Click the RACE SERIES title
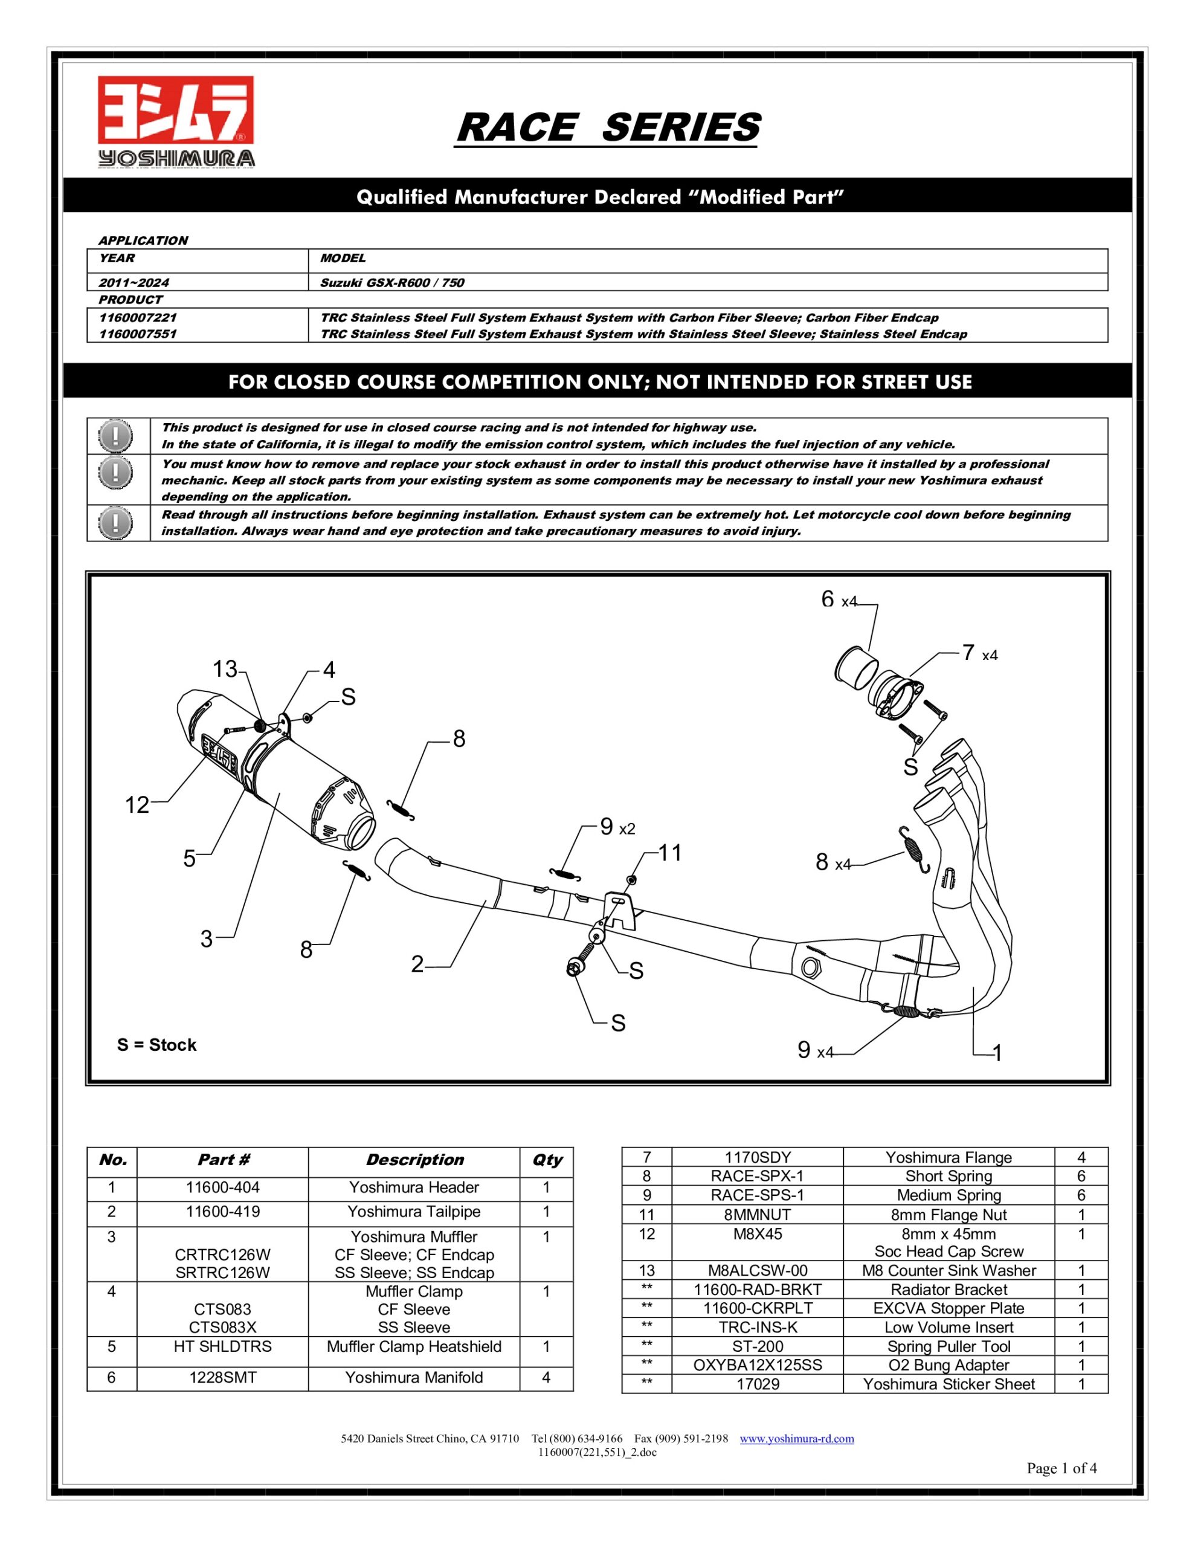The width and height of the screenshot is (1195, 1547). point(607,128)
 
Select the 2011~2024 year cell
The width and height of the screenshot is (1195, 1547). point(135,283)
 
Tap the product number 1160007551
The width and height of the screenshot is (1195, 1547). point(137,334)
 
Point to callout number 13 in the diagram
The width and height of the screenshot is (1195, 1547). point(225,669)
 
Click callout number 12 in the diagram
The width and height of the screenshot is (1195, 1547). point(137,805)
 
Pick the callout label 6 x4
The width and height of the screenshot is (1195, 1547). point(838,600)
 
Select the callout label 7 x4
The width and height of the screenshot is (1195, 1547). point(978,653)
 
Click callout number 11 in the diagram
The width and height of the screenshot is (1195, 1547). point(669,853)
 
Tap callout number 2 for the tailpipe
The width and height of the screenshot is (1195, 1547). point(417,963)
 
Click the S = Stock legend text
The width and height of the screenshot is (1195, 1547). point(156,1045)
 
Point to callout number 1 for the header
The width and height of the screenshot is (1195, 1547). point(997,1053)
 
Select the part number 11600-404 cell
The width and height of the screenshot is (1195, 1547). point(222,1187)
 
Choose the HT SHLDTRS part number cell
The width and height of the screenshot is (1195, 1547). point(222,1346)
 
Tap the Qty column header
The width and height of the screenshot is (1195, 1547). point(546,1160)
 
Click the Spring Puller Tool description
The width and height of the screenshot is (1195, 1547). point(949,1346)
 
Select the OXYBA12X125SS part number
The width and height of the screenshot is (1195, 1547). point(757,1365)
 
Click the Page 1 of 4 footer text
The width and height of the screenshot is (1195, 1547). point(1061,1468)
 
